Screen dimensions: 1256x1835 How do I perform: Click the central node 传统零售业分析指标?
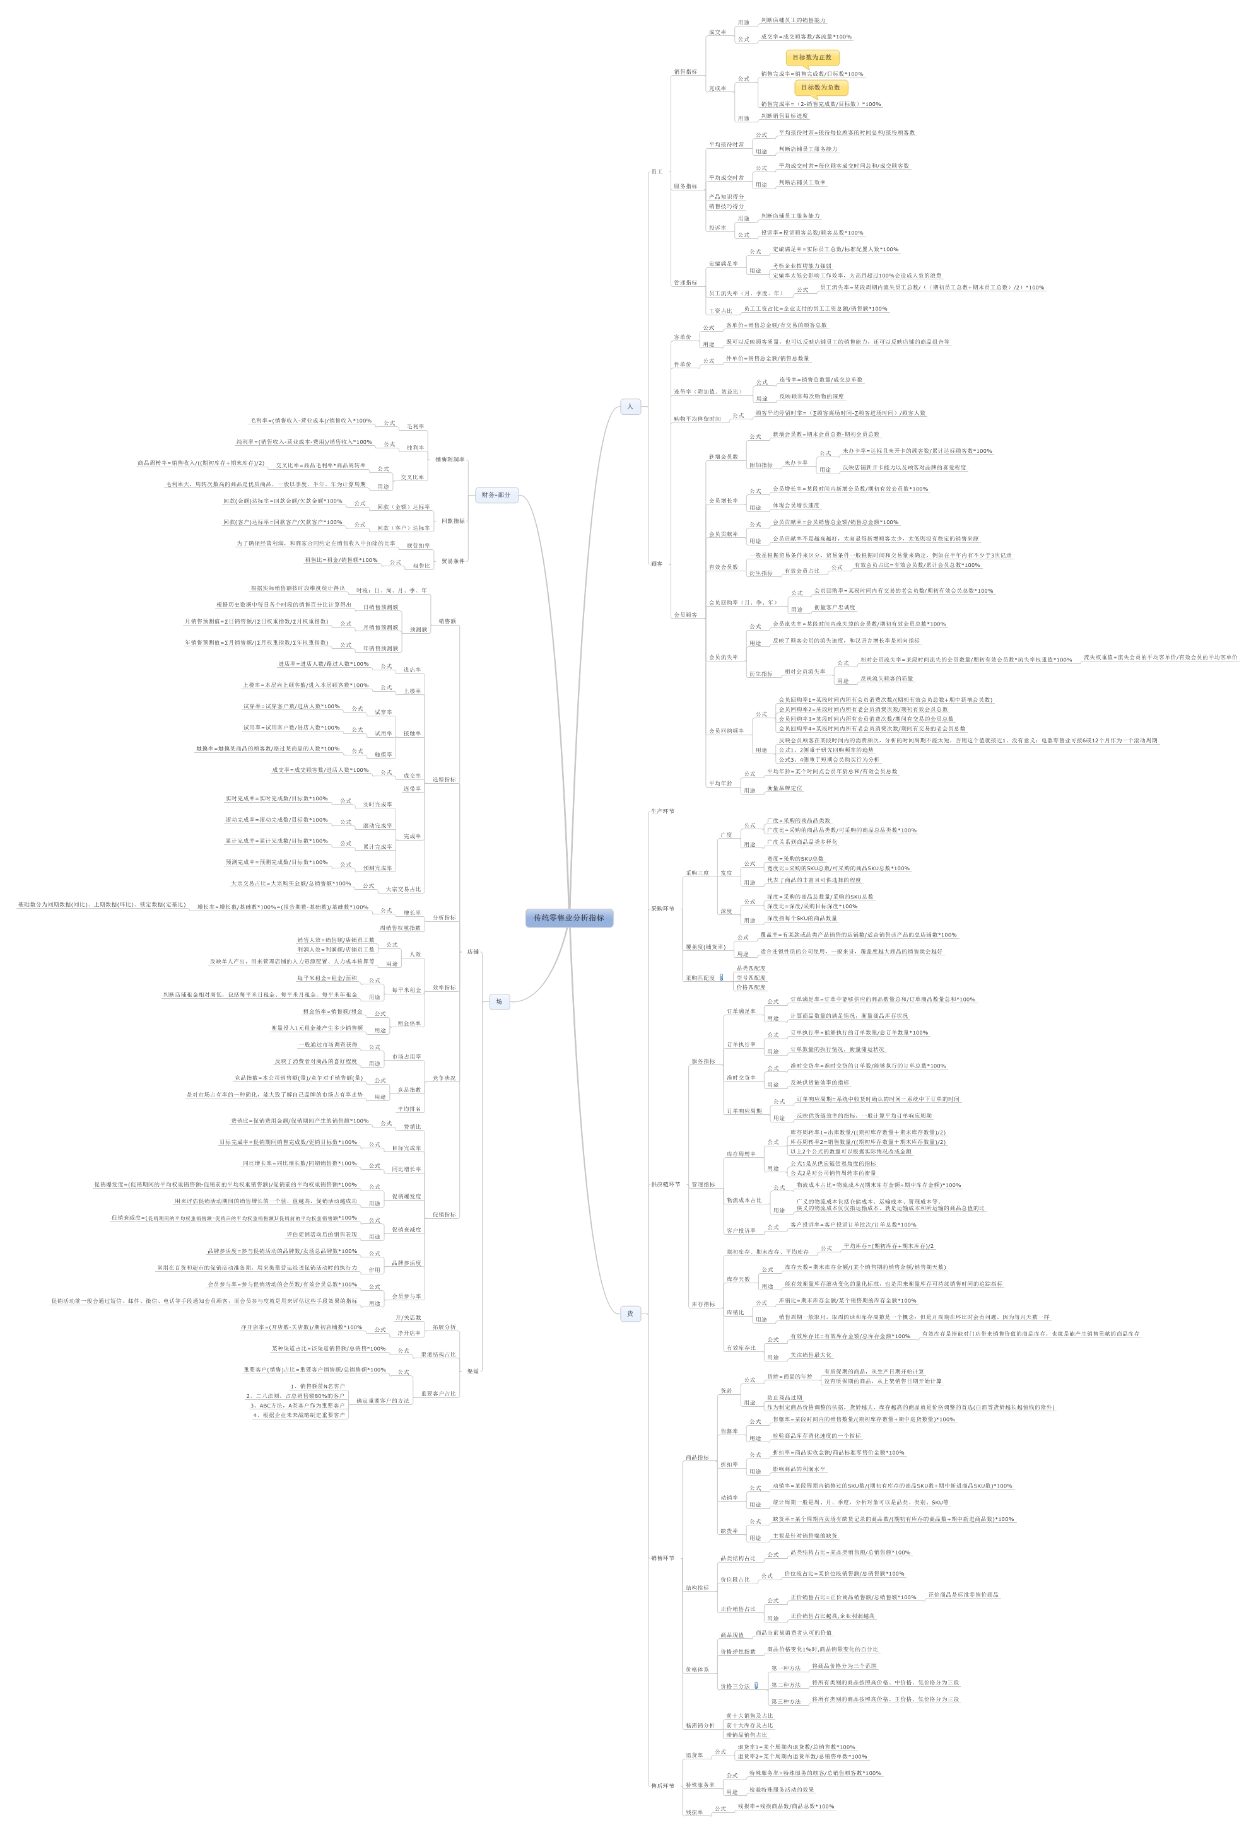pyautogui.click(x=569, y=917)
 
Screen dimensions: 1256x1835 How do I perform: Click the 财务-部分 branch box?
pyautogui.click(x=496, y=495)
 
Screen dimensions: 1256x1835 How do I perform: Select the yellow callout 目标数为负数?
pyautogui.click(x=821, y=88)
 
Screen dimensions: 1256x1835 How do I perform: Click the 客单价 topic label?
pyautogui.click(x=682, y=337)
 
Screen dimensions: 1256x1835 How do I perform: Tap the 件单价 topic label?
pyautogui.click(x=682, y=364)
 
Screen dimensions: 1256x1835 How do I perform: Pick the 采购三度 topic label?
pyautogui.click(x=696, y=873)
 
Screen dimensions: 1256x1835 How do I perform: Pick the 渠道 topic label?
pyautogui.click(x=472, y=1371)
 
